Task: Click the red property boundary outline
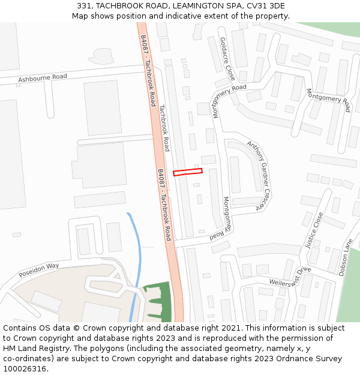(x=188, y=172)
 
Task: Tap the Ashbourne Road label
(x=43, y=77)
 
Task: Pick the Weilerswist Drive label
(x=290, y=277)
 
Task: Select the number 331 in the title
(x=85, y=6)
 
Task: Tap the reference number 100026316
(x=25, y=369)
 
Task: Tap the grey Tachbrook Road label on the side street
(x=164, y=128)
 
